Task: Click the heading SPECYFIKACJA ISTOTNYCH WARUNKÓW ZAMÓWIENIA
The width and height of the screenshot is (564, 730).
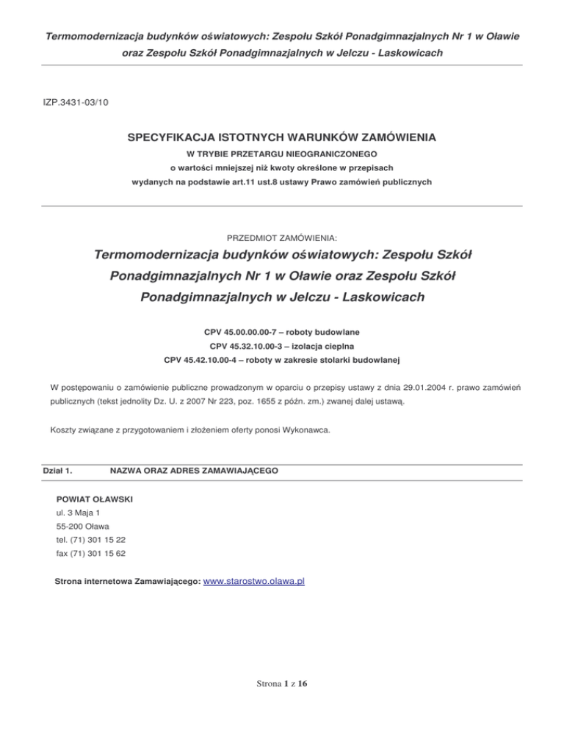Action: [x=282, y=137]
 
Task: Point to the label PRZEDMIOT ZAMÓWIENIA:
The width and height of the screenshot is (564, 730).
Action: [x=282, y=237]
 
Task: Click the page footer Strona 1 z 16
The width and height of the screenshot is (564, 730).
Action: [x=282, y=684]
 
